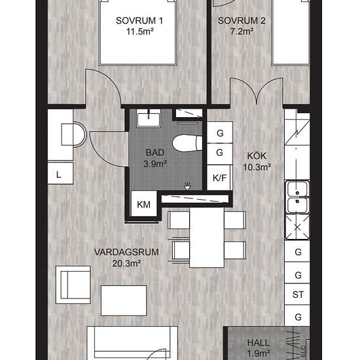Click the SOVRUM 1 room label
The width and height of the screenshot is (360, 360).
click(x=139, y=21)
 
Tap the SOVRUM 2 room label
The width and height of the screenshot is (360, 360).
click(x=242, y=21)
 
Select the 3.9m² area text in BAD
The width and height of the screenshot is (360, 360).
click(x=155, y=164)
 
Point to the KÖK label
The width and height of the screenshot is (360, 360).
click(x=257, y=156)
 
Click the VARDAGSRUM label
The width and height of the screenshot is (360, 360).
click(x=126, y=252)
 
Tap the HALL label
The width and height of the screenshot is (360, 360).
click(x=259, y=343)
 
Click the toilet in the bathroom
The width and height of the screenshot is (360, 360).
click(x=187, y=143)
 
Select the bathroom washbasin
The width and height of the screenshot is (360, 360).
click(x=149, y=118)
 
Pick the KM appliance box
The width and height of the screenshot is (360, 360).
click(x=144, y=204)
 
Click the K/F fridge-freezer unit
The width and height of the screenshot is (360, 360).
click(x=219, y=177)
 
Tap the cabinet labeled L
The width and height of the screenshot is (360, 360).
click(x=60, y=173)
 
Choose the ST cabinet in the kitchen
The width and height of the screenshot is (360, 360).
click(x=298, y=295)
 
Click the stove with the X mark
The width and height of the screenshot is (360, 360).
click(x=297, y=227)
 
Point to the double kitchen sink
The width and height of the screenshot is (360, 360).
click(x=297, y=197)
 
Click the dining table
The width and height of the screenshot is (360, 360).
click(x=207, y=238)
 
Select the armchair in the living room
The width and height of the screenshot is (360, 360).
click(x=73, y=285)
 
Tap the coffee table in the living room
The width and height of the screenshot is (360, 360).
click(x=124, y=300)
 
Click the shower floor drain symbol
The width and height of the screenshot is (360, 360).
click(x=187, y=186)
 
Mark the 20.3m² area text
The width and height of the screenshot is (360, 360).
click(x=126, y=263)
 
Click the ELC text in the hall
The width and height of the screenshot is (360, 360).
click(x=303, y=351)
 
